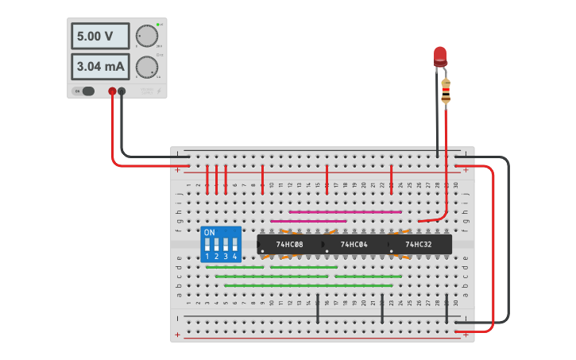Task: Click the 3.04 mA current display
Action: point(102,67)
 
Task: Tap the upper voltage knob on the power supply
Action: point(146,37)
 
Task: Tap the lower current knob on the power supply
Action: point(146,67)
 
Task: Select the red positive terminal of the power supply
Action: point(113,91)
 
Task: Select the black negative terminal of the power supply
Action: point(122,91)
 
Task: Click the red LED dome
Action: point(440,55)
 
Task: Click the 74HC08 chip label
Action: point(289,245)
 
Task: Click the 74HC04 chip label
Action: point(354,245)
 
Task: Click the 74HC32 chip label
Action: point(418,245)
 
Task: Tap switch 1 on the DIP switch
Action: point(207,245)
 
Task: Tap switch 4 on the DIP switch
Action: point(234,245)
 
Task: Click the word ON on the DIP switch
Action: point(209,233)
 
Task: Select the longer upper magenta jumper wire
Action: point(345,212)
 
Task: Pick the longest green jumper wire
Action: point(308,285)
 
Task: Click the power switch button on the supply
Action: point(87,91)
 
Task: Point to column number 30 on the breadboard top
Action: point(455,185)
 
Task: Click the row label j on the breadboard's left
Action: point(179,193)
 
